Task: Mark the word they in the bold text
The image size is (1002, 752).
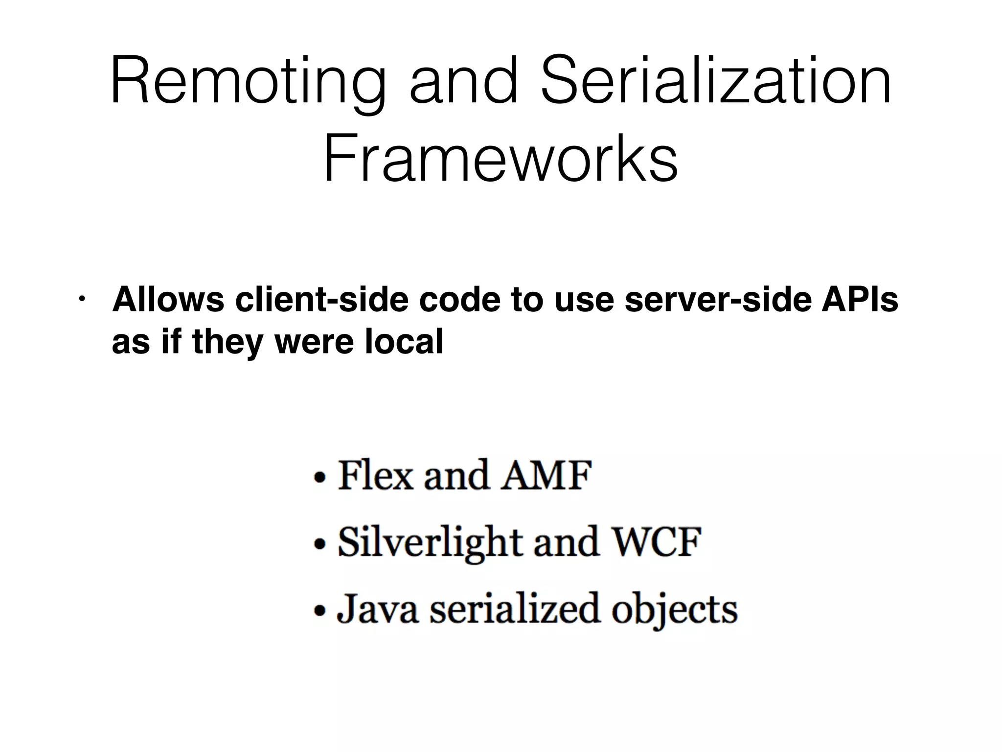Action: (x=228, y=342)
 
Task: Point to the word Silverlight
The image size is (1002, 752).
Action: (x=431, y=543)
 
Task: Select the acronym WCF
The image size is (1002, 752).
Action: (x=658, y=542)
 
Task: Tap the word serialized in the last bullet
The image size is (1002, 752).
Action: (x=514, y=609)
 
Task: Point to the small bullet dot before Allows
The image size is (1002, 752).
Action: (x=82, y=299)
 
